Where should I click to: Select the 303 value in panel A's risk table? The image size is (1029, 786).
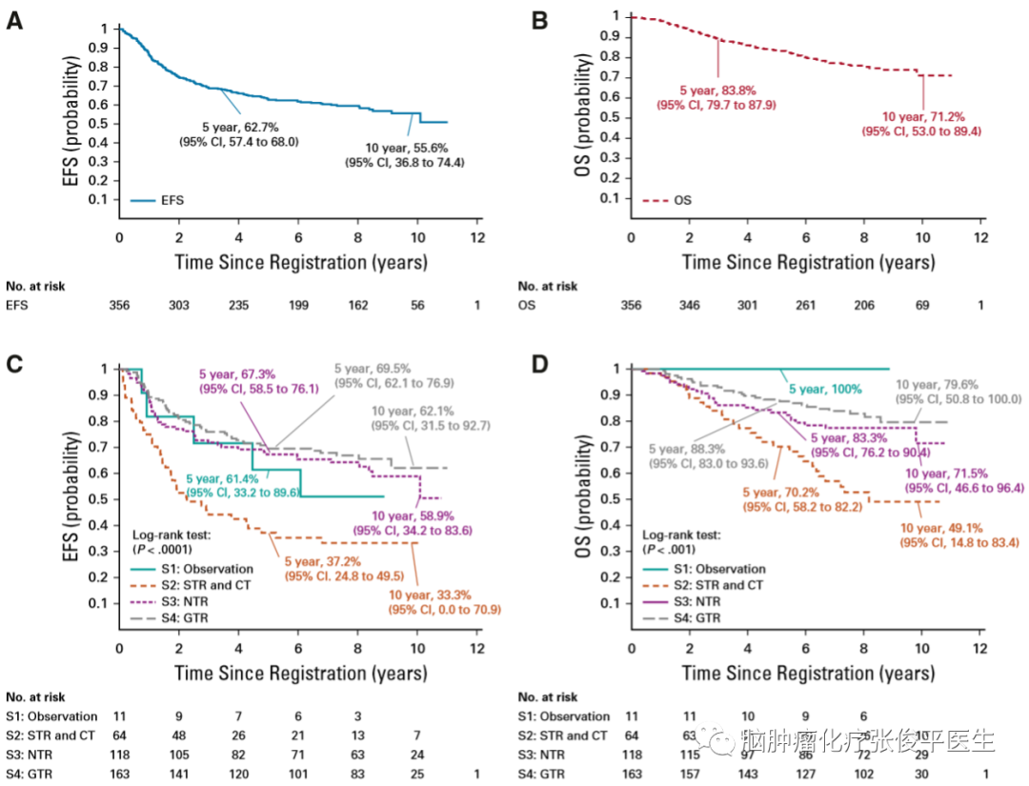tap(178, 307)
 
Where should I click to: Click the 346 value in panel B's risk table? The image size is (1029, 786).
tap(690, 307)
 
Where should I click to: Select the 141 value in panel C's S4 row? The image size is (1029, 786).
tap(178, 775)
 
